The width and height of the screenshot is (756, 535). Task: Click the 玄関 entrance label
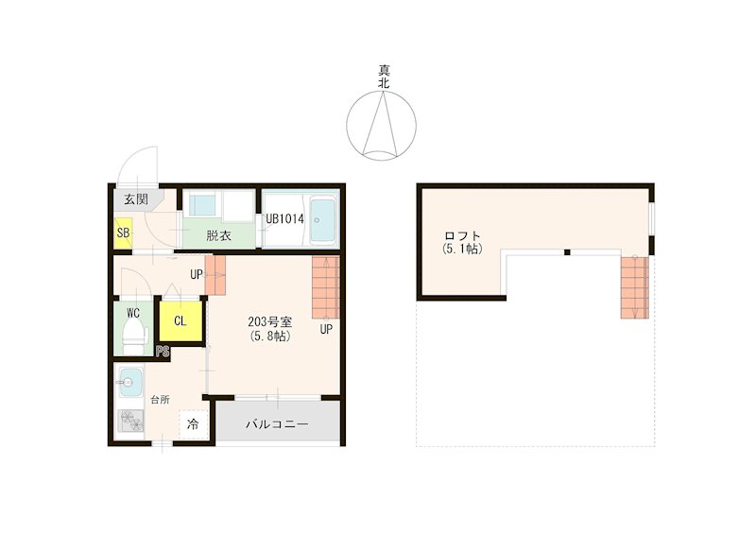point(136,198)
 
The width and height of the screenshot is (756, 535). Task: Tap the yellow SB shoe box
point(123,233)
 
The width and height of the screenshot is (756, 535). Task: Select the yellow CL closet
point(180,320)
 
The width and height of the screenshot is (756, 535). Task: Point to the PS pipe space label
point(163,352)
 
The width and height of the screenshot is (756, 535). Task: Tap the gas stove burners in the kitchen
point(131,422)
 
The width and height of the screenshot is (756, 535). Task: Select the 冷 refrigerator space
point(194,424)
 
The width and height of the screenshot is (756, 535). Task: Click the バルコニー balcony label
point(277,424)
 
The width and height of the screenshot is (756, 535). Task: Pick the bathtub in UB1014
point(322,219)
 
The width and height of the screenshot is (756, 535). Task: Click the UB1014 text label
point(285,219)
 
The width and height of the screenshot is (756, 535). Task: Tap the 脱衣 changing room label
point(219,236)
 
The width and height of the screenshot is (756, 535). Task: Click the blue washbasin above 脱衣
point(202,206)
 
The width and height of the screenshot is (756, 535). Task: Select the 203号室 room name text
point(270,321)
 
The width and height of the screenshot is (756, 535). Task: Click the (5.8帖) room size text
point(270,337)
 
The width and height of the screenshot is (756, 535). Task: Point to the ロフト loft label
point(462,236)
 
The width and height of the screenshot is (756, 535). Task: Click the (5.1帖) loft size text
point(462,249)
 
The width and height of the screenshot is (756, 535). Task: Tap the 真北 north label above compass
point(384,77)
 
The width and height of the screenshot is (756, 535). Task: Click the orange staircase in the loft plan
point(634,287)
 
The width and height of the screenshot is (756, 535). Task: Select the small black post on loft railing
point(568,252)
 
